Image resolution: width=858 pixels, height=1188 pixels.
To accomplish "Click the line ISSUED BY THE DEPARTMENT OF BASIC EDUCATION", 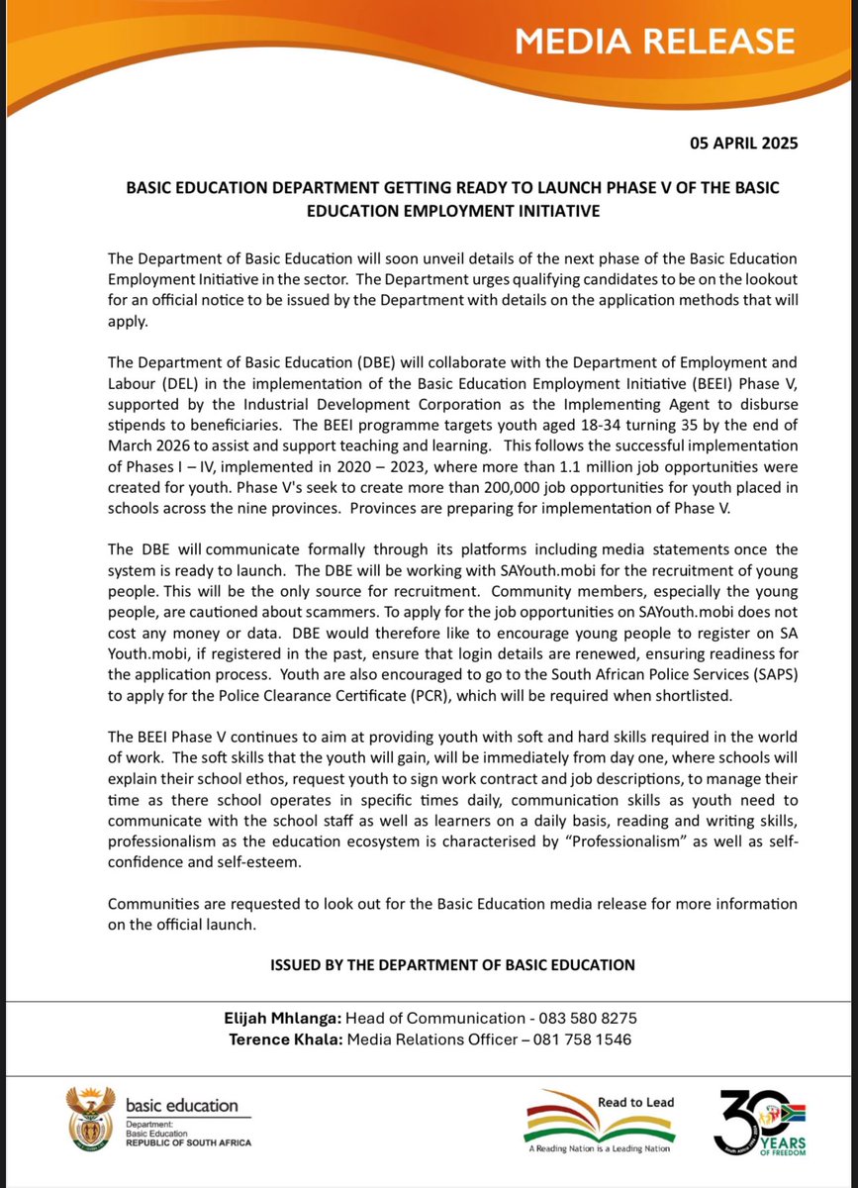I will pos(452,963).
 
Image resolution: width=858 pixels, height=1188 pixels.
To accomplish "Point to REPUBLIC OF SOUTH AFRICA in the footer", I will pos(188,1142).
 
